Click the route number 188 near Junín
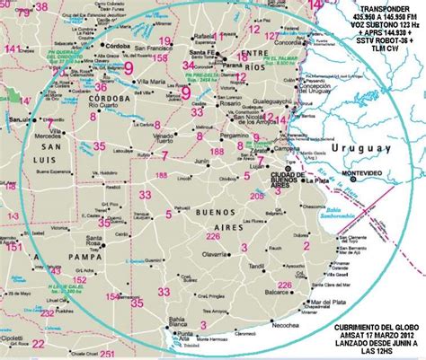tap(218, 154)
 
